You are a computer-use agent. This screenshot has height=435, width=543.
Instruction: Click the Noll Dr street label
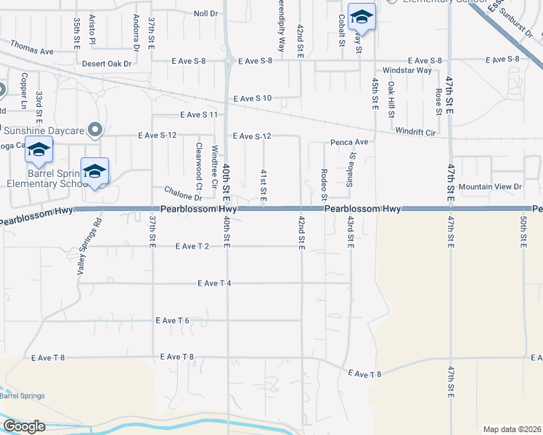pyautogui.click(x=206, y=14)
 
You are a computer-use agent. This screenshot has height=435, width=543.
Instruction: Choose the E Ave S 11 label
pyautogui.click(x=199, y=115)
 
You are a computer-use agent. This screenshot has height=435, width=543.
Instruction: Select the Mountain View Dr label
pyautogui.click(x=490, y=186)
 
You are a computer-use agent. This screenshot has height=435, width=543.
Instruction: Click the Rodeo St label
pyautogui.click(x=324, y=185)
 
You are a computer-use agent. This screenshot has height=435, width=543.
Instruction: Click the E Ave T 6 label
pyautogui.click(x=172, y=320)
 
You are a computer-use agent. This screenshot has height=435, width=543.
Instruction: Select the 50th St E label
pyautogui.click(x=524, y=231)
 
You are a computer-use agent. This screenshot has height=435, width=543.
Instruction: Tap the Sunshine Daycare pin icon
pyautogui.click(x=94, y=130)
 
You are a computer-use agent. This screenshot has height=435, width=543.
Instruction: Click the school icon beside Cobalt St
pyautogui.click(x=361, y=16)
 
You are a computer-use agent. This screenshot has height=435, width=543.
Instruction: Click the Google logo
pyautogui.click(x=24, y=426)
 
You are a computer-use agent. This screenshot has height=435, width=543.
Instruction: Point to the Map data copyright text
pyautogui.click(x=512, y=429)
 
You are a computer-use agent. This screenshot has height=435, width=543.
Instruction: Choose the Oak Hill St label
pyautogui.click(x=391, y=98)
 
